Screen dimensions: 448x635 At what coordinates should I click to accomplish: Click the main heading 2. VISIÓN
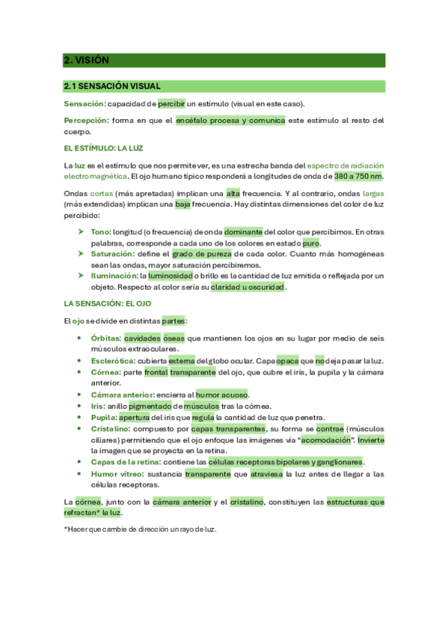pos(87,61)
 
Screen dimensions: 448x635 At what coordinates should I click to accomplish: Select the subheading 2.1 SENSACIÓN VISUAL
pos(112,86)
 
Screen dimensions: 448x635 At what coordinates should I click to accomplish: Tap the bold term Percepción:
pos(86,120)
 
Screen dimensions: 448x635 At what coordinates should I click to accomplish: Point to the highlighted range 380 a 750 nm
pos(358,176)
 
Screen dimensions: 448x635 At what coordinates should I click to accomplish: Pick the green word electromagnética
pos(96,176)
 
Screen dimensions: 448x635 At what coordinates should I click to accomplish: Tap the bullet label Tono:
pos(101,232)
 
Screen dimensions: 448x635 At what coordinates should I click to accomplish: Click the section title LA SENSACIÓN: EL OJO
pos(108,303)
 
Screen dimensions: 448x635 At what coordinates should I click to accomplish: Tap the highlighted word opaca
pos(287,360)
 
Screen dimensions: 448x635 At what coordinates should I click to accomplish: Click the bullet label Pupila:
pos(103,417)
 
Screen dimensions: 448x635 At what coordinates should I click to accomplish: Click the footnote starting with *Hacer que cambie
pos(140,529)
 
